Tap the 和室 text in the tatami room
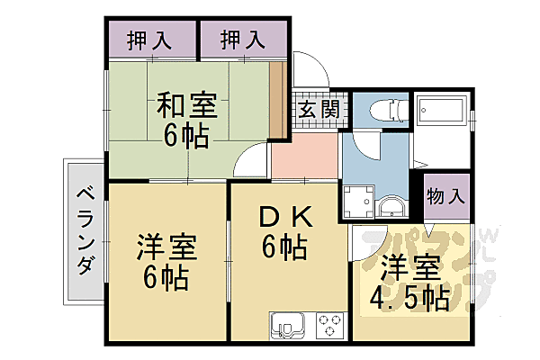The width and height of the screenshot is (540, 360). click(x=187, y=105)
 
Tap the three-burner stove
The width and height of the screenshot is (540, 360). click(x=328, y=323)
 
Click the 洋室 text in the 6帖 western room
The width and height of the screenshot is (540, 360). click(x=168, y=247)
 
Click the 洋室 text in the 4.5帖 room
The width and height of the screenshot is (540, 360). click(x=409, y=268)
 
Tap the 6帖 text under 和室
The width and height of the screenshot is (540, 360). click(x=187, y=137)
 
